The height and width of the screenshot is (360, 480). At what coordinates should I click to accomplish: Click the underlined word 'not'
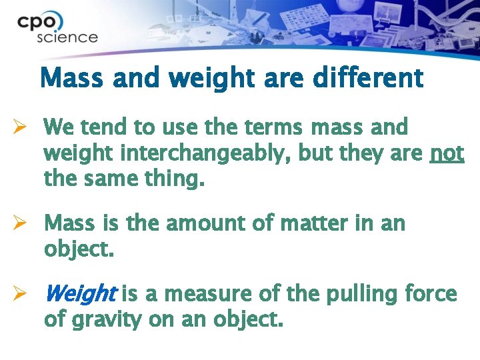tap(447, 153)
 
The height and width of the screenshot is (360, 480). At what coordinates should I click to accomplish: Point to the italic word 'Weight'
tap(80, 294)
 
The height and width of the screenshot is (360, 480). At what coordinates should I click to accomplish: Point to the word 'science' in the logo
tap(67, 37)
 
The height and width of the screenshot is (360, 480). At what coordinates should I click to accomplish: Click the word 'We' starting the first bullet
tap(57, 127)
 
